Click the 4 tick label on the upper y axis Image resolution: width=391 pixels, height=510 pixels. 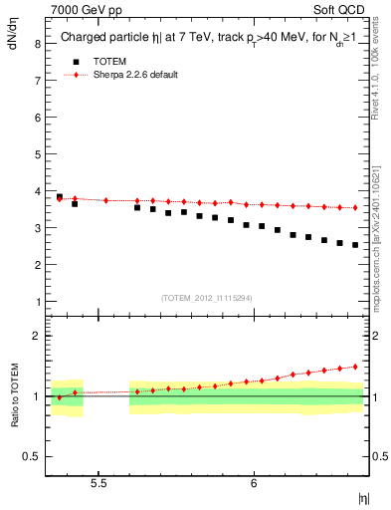click(x=39, y=191)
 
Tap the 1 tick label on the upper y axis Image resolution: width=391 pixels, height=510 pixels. click(x=39, y=301)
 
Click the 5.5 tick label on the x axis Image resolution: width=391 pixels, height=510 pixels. click(x=99, y=483)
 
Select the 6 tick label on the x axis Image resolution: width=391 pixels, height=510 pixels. click(x=255, y=483)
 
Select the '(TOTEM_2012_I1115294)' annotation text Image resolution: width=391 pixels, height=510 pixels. click(x=208, y=297)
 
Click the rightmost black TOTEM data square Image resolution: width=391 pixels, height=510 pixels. click(x=355, y=245)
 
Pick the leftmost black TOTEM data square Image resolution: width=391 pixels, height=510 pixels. click(x=60, y=197)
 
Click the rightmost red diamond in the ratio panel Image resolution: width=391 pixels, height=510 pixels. click(x=355, y=367)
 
